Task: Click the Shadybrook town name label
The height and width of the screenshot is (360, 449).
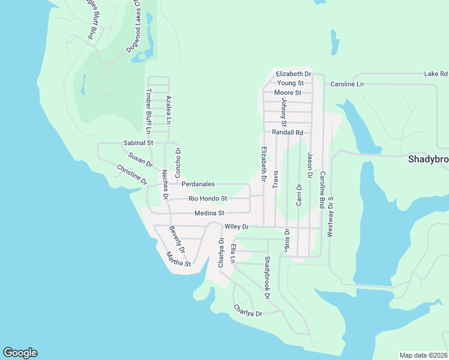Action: (x=428, y=160)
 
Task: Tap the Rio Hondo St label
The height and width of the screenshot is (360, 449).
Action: (x=208, y=199)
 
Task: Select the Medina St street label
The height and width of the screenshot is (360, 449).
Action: (x=209, y=213)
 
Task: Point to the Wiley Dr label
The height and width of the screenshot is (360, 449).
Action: (x=237, y=227)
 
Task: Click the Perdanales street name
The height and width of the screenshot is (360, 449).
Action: (x=198, y=184)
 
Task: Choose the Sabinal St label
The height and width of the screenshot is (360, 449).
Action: (x=139, y=143)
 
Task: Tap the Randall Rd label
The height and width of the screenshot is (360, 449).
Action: (x=288, y=132)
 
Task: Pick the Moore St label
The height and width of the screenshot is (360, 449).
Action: (x=288, y=93)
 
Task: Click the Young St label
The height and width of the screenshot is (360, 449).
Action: (x=291, y=83)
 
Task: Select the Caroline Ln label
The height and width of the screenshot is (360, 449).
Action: (x=347, y=84)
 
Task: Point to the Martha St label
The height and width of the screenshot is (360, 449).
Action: (x=178, y=259)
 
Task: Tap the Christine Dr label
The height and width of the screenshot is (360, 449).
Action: (x=131, y=175)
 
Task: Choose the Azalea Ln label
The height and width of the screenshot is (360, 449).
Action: (x=169, y=109)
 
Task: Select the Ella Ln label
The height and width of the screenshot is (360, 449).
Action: (x=234, y=253)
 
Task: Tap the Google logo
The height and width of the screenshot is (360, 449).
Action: (x=20, y=353)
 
